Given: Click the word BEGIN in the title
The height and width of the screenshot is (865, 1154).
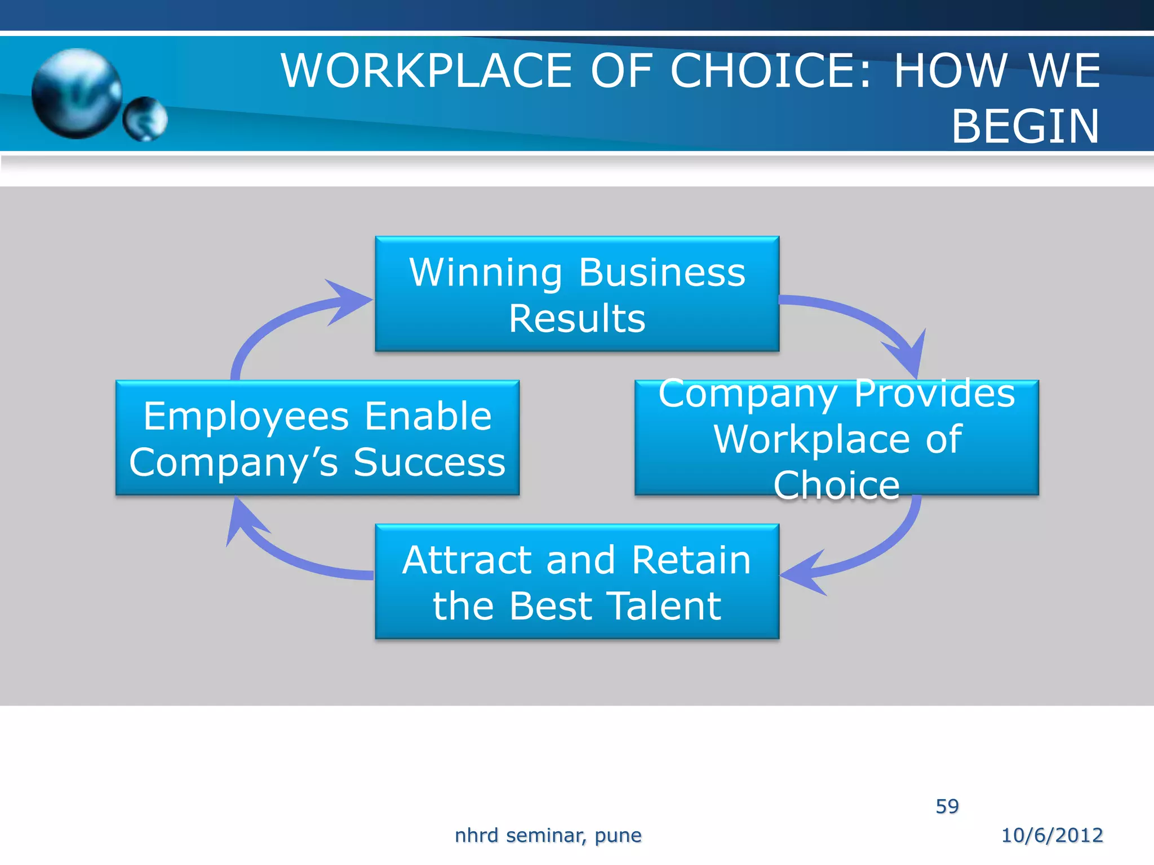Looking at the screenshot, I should click(1025, 127).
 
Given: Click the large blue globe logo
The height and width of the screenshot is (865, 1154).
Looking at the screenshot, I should click(77, 93).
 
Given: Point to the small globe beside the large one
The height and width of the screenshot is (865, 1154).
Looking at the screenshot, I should click(145, 118).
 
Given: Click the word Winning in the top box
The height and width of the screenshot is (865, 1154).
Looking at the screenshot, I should click(485, 273).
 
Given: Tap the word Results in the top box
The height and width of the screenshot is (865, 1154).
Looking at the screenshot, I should click(576, 319).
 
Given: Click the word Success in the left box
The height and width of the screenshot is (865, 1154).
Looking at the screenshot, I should click(429, 463).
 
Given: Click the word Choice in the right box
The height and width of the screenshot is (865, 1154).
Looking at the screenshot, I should click(836, 485).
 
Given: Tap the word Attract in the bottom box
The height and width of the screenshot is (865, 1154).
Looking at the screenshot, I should click(467, 561).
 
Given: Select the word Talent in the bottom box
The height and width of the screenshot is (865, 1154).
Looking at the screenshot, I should click(664, 607).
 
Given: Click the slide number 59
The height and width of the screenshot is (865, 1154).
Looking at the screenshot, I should click(947, 806).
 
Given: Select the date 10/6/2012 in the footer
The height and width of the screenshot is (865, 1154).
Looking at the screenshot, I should click(1051, 835).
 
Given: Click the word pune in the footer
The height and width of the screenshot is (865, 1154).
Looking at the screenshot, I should click(618, 836).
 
